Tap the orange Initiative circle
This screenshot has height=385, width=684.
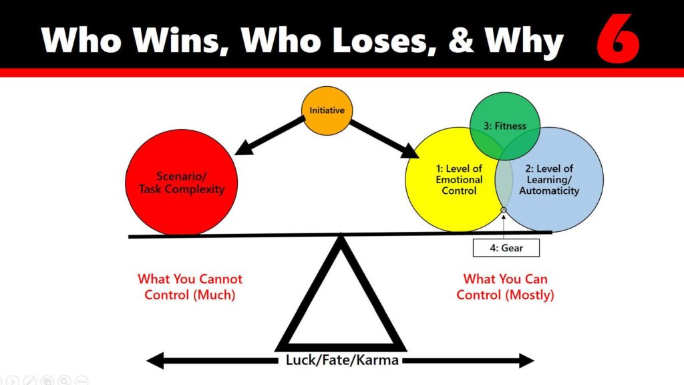327,110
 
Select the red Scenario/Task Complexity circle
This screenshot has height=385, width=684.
181,182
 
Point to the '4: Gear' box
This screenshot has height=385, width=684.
506,248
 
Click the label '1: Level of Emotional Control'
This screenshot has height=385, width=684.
459,180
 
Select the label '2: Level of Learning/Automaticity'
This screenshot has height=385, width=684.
549,180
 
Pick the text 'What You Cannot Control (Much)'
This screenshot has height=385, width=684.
190,286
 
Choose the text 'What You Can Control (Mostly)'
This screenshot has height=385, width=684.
505,286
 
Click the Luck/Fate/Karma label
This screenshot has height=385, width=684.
341,360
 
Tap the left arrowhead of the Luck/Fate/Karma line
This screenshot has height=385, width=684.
154,361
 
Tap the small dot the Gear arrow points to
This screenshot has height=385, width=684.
504,211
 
